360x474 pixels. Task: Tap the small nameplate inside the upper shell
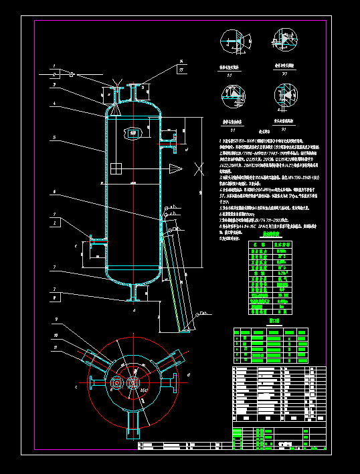pos(134,134)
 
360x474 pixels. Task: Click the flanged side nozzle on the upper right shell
pos(173,138)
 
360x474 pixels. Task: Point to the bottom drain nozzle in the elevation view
pos(136,293)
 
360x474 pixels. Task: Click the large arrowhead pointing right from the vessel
pos(175,166)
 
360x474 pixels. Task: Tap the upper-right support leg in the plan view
pos(167,360)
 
